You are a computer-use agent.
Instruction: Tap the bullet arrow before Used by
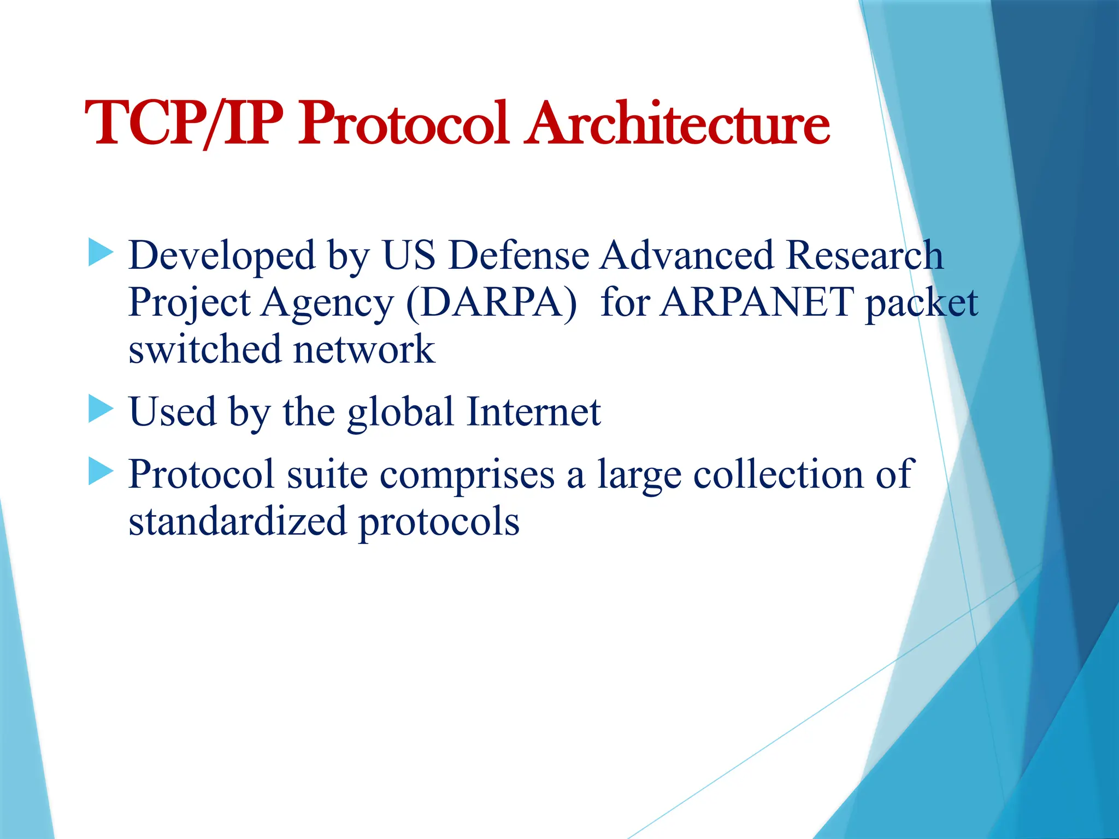101,409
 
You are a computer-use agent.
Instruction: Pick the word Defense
519,255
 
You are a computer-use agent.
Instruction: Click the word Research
864,255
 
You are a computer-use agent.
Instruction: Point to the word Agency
327,303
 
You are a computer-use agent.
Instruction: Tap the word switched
204,349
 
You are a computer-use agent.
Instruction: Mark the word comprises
467,475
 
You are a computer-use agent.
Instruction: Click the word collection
778,474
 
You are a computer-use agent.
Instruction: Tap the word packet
921,303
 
